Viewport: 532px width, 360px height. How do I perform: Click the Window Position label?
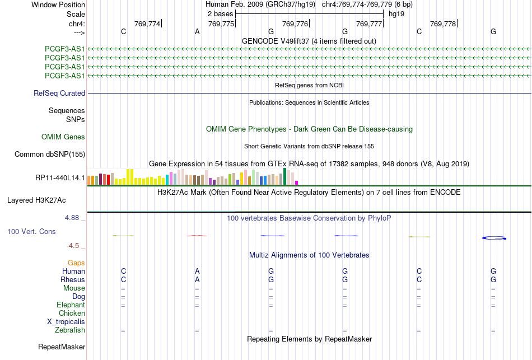coord(58,4)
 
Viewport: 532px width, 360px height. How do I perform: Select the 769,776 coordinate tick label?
coord(295,24)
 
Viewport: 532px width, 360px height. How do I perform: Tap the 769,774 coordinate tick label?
coord(147,24)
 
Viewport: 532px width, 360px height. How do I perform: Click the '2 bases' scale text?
coord(221,14)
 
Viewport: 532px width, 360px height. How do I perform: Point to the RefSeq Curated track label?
coord(59,93)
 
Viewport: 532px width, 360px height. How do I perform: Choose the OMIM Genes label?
coord(63,137)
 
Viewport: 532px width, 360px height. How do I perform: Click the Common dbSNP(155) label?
coord(50,155)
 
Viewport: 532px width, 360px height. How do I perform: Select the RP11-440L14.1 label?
coord(60,178)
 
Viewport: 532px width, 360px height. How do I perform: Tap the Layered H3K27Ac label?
coord(36,200)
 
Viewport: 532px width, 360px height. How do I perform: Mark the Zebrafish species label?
coord(70,330)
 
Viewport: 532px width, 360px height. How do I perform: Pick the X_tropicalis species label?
coord(66,322)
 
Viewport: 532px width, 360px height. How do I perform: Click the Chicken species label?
coord(72,313)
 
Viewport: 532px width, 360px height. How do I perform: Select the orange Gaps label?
coord(76,263)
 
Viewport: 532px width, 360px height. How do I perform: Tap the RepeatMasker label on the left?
coord(62,347)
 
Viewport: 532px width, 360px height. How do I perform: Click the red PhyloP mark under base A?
coord(197,236)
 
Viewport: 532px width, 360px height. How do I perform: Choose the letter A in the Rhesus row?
coord(197,279)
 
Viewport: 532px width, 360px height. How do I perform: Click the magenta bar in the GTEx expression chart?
coord(297,183)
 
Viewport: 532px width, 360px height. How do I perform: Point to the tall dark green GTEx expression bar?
coord(285,176)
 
